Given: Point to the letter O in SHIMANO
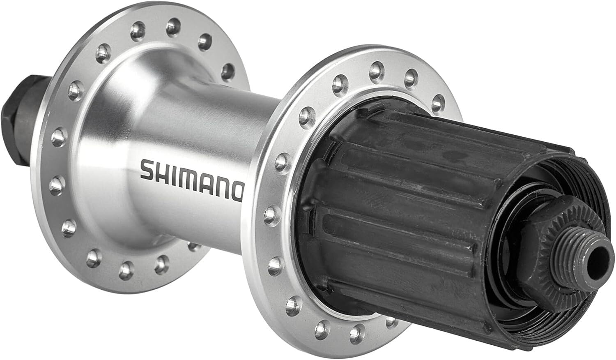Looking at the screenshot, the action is tap(236, 192).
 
